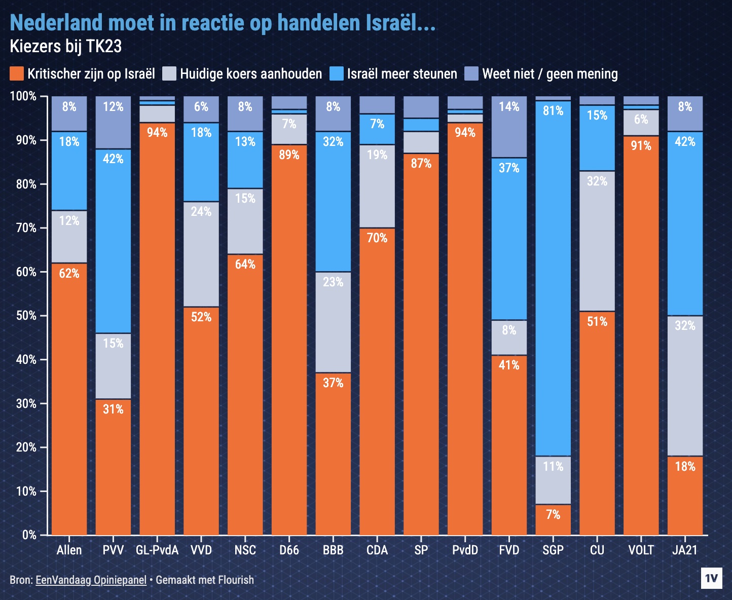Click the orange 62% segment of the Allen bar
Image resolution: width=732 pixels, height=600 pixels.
tap(69, 399)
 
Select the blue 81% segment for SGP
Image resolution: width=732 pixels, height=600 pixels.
tap(553, 278)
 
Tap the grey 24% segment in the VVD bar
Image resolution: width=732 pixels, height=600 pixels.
tap(201, 254)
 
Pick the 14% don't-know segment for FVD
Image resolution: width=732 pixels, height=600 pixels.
tap(509, 127)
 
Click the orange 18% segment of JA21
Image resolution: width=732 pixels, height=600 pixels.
tap(685, 495)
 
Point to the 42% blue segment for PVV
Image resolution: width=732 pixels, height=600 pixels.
tap(113, 241)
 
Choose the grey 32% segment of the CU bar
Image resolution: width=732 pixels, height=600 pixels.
tap(597, 241)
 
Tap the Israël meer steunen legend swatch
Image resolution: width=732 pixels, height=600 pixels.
tap(337, 74)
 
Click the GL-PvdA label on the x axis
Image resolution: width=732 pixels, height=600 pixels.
tap(157, 550)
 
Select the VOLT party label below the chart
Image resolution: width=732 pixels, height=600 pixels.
tap(641, 550)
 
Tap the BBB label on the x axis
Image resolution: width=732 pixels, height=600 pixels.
tap(333, 550)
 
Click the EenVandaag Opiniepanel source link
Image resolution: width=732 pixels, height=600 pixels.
tap(91, 580)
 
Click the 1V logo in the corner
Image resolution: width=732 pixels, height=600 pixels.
tap(711, 578)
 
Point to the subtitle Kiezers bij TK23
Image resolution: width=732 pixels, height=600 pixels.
tap(66, 47)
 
